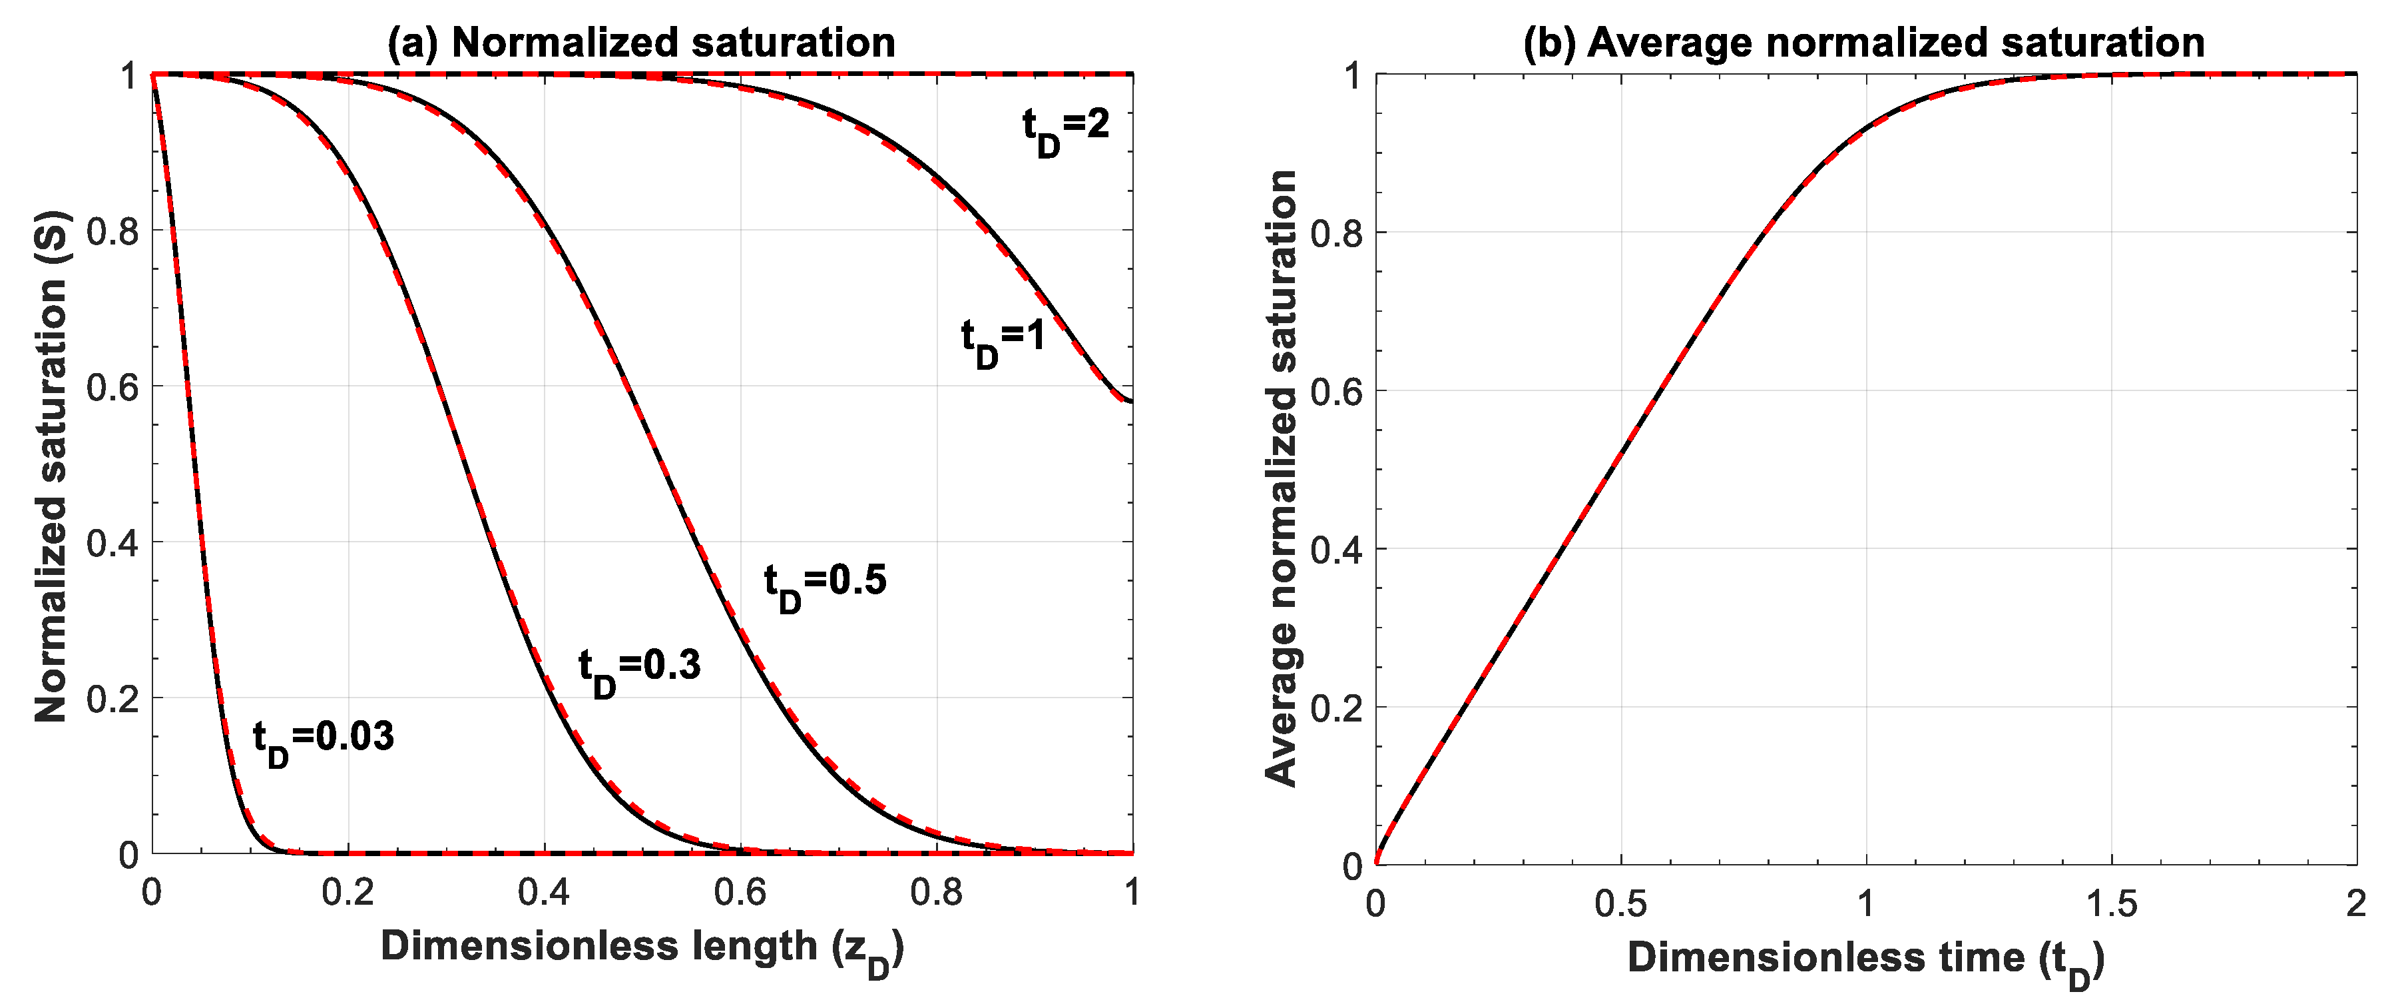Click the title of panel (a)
pyautogui.click(x=641, y=43)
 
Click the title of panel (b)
pyautogui.click(x=1864, y=43)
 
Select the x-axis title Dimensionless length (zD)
pyautogui.click(x=641, y=949)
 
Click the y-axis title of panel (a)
pyautogui.click(x=52, y=467)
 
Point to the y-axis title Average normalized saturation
pyautogui.click(x=1282, y=478)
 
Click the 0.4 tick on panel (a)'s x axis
pyautogui.click(x=544, y=892)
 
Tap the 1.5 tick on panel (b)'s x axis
pyautogui.click(x=2111, y=903)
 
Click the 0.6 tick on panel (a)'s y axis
pyautogui.click(x=113, y=387)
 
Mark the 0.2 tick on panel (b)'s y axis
pyautogui.click(x=1336, y=708)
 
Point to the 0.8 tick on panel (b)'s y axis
pyautogui.click(x=1336, y=234)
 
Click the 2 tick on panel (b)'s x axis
pyautogui.click(x=2355, y=903)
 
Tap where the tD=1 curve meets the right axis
pyautogui.click(x=1132, y=401)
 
